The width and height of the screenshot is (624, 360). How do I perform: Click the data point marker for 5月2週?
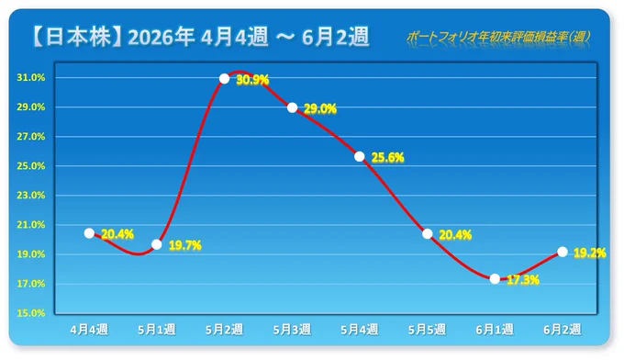pyautogui.click(x=225, y=79)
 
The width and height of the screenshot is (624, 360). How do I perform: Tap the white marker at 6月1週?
pyautogui.click(x=495, y=279)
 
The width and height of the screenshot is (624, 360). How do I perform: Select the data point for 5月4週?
pyautogui.click(x=360, y=156)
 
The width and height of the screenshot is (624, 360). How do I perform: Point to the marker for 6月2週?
pyautogui.click(x=563, y=252)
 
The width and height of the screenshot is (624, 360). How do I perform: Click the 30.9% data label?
pyautogui.click(x=252, y=80)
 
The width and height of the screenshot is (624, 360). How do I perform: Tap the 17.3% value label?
pyautogui.click(x=523, y=280)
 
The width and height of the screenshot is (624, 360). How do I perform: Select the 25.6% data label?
pyautogui.click(x=387, y=158)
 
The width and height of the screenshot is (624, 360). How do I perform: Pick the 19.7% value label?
pyautogui.click(x=185, y=245)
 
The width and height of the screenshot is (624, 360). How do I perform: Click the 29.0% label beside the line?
pyautogui.click(x=320, y=108)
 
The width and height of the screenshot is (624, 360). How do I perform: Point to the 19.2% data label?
pyautogui.click(x=590, y=253)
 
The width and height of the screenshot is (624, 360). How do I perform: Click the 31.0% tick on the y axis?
pyautogui.click(x=31, y=78)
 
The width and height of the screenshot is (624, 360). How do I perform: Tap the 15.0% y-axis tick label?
pyautogui.click(x=31, y=313)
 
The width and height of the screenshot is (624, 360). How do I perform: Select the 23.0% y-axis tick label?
pyautogui.click(x=31, y=196)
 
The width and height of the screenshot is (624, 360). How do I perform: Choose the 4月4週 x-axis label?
pyautogui.click(x=89, y=330)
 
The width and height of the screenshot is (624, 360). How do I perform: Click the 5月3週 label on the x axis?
pyautogui.click(x=292, y=330)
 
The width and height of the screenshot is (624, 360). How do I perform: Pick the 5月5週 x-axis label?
pyautogui.click(x=427, y=330)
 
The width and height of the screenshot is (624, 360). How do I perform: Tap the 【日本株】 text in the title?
pyautogui.click(x=76, y=37)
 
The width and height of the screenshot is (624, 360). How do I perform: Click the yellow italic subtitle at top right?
pyautogui.click(x=498, y=37)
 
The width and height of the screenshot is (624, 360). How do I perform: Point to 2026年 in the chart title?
pyautogui.click(x=162, y=37)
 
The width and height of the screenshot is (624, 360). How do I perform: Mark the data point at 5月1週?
pyautogui.click(x=157, y=244)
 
